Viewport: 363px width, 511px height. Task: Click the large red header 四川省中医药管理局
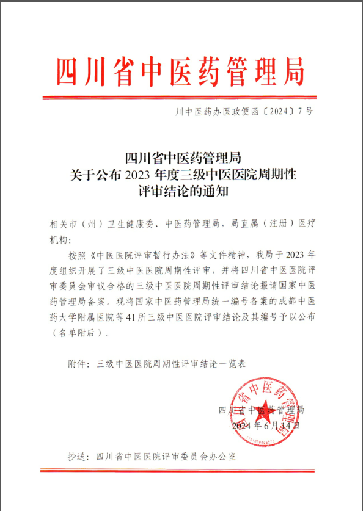coord(181,71)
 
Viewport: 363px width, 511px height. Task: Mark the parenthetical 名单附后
coord(79,333)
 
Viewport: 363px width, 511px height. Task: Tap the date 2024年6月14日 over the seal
coord(266,425)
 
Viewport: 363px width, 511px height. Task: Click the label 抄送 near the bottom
coord(79,456)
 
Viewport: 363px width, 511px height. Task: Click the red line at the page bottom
coord(181,471)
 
